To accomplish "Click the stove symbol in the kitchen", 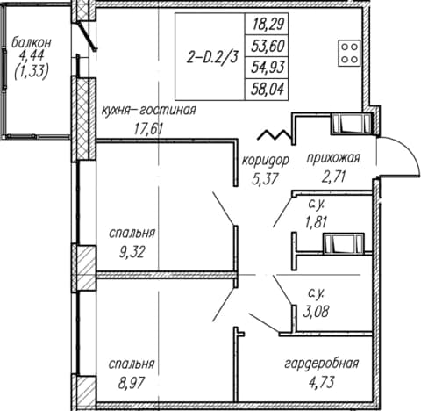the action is (349, 53).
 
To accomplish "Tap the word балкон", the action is (32, 43).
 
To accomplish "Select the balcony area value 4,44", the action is (31, 55).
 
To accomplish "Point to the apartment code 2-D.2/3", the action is (212, 57).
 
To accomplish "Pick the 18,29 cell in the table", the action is (267, 24).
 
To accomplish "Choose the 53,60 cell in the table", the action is (267, 46).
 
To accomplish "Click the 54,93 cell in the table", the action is (267, 68).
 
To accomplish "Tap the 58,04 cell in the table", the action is (267, 89).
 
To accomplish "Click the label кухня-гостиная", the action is (149, 111).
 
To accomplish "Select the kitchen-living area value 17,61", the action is (148, 128).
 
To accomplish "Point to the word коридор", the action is (266, 161).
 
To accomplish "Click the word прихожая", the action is (333, 158).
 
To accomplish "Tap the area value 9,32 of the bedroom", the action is (132, 252).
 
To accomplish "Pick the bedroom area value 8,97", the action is (132, 383).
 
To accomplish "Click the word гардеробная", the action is (322, 364).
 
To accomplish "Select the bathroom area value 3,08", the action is (316, 311).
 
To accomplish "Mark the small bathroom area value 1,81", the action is (316, 222).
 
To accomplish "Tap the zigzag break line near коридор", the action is (275, 134).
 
